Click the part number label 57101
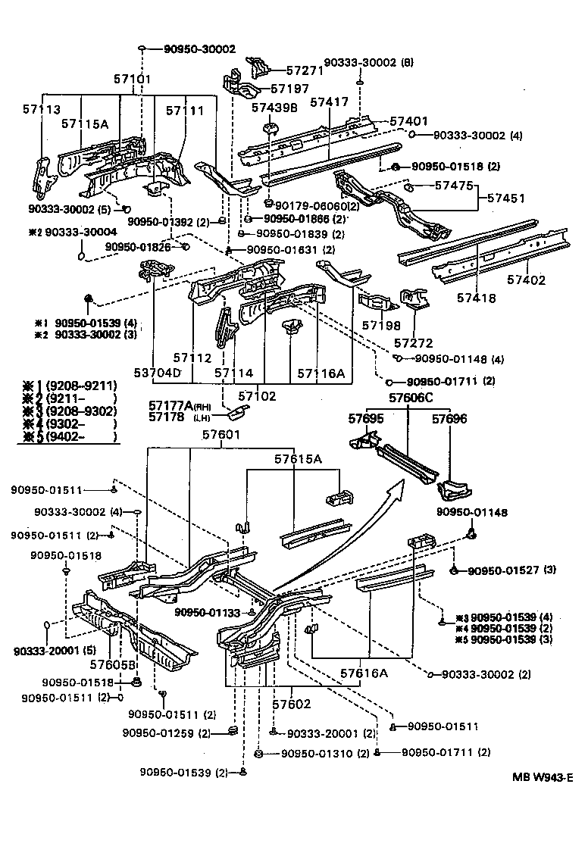pyautogui.click(x=133, y=79)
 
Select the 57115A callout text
pyautogui.click(x=84, y=123)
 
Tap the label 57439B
pyautogui.click(x=275, y=107)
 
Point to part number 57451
pyautogui.click(x=506, y=198)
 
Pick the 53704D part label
pyautogui.click(x=158, y=373)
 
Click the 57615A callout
pyautogui.click(x=297, y=459)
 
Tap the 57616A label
pyautogui.click(x=364, y=673)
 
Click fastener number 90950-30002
pyautogui.click(x=199, y=49)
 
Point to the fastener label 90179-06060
pyautogui.click(x=311, y=205)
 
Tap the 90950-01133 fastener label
pyautogui.click(x=208, y=612)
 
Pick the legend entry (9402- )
pyautogui.click(x=72, y=436)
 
